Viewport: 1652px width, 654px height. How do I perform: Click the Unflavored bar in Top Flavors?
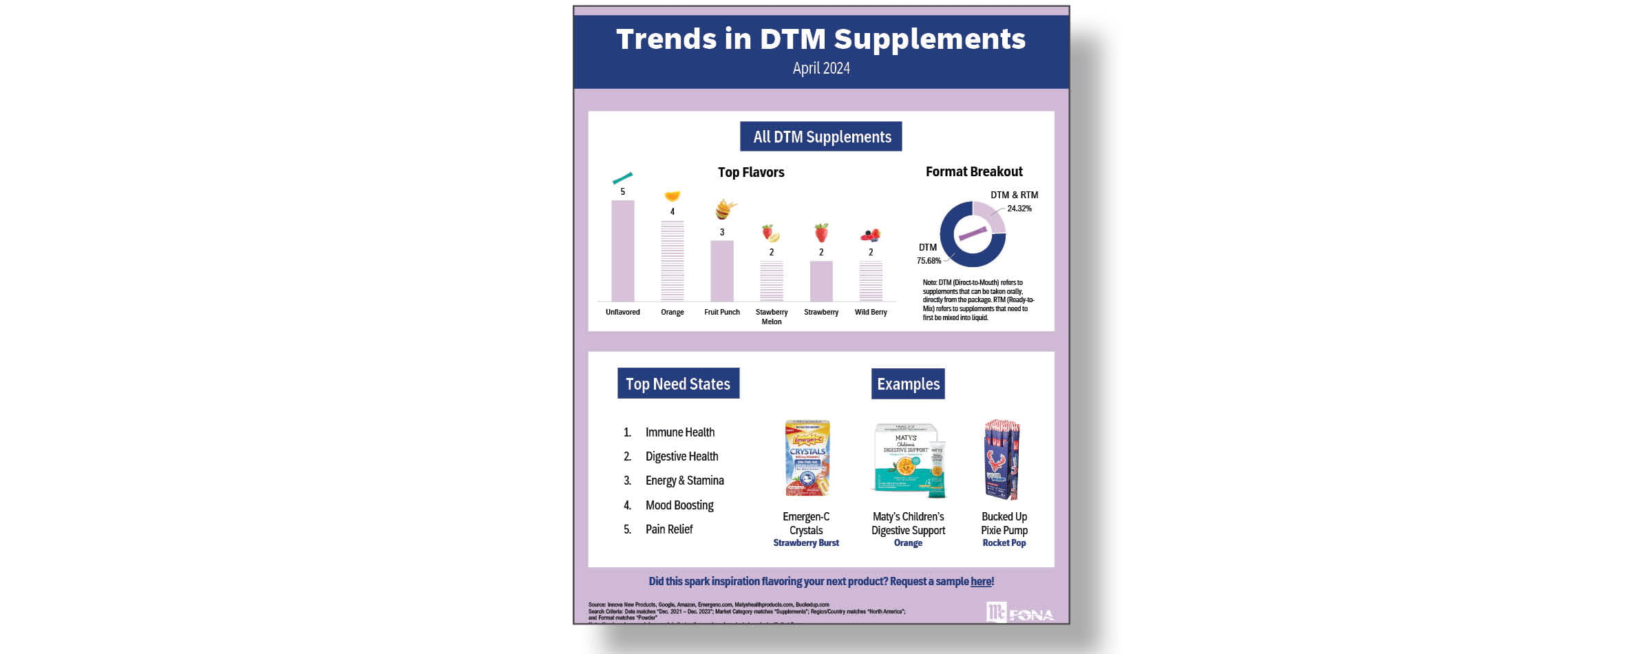click(x=622, y=251)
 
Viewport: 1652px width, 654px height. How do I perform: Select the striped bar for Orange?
click(x=672, y=261)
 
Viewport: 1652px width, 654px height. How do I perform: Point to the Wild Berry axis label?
click(x=870, y=313)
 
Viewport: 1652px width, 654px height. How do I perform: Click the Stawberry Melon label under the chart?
click(x=771, y=317)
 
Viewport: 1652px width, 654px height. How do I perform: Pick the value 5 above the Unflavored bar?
click(x=622, y=192)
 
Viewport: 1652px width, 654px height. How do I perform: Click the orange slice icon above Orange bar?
click(x=672, y=196)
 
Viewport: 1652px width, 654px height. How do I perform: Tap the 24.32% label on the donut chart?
click(x=1019, y=209)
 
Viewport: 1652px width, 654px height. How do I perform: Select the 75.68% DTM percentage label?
click(x=928, y=261)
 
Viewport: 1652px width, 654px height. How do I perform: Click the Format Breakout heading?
click(x=973, y=171)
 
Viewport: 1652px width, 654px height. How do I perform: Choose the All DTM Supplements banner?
click(x=820, y=137)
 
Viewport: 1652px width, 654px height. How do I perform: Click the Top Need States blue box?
click(x=678, y=383)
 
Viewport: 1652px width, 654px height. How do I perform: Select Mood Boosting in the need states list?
click(x=679, y=505)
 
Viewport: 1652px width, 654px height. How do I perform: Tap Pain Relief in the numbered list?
click(x=668, y=529)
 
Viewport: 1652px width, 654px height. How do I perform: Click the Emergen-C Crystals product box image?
click(x=807, y=458)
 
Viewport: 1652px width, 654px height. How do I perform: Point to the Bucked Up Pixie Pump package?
click(x=1002, y=460)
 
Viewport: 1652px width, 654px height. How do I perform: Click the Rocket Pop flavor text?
click(x=1004, y=543)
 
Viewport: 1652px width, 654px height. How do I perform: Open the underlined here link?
click(x=980, y=582)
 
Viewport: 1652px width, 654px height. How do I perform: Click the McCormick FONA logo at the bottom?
click(x=1019, y=613)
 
